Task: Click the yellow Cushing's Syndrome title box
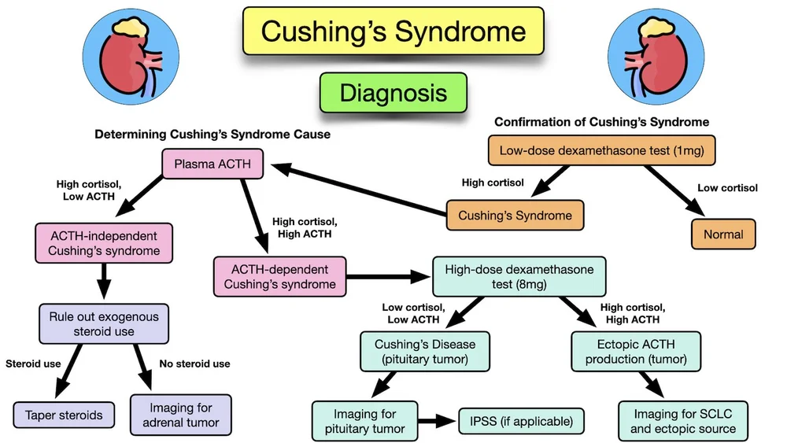(393, 32)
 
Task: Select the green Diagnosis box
(393, 93)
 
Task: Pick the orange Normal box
(723, 234)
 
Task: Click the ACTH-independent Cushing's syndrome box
(102, 243)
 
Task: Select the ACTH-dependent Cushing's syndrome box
(279, 276)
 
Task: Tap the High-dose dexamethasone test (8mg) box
(519, 276)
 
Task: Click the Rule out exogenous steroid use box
(103, 324)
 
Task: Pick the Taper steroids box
(63, 414)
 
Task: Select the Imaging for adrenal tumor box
(181, 415)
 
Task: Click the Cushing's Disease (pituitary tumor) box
(424, 352)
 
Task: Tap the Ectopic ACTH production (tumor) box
(635, 352)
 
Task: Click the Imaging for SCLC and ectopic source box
(682, 421)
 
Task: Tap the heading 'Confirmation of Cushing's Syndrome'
(601, 122)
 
